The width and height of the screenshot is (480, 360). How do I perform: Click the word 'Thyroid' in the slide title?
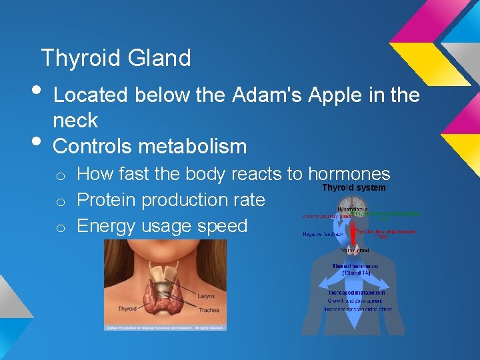coord(79,59)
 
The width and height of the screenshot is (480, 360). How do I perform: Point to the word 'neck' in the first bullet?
coord(75,121)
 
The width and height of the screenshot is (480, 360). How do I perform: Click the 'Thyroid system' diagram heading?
coord(353,188)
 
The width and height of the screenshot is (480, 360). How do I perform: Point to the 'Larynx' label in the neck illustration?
coord(206,295)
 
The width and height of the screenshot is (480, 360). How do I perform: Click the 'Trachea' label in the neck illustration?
coord(208,309)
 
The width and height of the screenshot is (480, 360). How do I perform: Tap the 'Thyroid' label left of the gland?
coord(127,309)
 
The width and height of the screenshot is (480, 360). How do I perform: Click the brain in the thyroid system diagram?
coord(353,205)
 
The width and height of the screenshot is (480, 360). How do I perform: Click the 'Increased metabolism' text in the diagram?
coord(357,293)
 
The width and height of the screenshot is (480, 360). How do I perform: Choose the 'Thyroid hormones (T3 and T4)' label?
coord(355,269)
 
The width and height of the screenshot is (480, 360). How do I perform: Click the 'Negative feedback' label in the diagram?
coord(321,234)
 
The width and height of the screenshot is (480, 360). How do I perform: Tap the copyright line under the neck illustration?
coord(165,327)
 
